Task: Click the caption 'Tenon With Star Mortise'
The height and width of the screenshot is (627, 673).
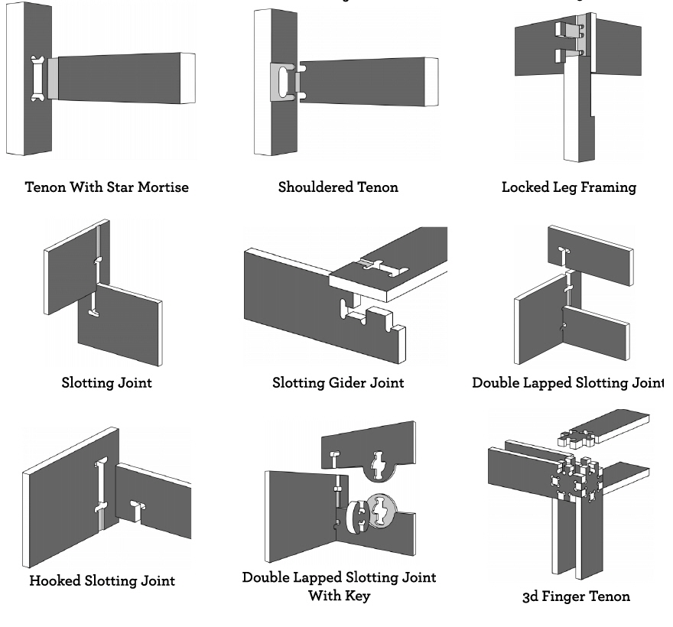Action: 106,187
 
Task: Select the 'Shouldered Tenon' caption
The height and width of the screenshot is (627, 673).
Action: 338,187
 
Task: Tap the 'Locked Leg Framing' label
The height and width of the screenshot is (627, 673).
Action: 568,187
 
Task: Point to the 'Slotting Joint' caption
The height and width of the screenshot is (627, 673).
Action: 106,382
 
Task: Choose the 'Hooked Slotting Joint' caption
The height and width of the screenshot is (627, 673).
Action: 102,580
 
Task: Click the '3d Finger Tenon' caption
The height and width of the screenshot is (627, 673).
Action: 576,596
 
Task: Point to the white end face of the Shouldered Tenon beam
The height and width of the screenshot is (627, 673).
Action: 431,82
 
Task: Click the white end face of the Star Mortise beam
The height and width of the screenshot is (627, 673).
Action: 187,78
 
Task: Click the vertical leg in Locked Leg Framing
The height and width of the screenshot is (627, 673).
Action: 577,115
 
